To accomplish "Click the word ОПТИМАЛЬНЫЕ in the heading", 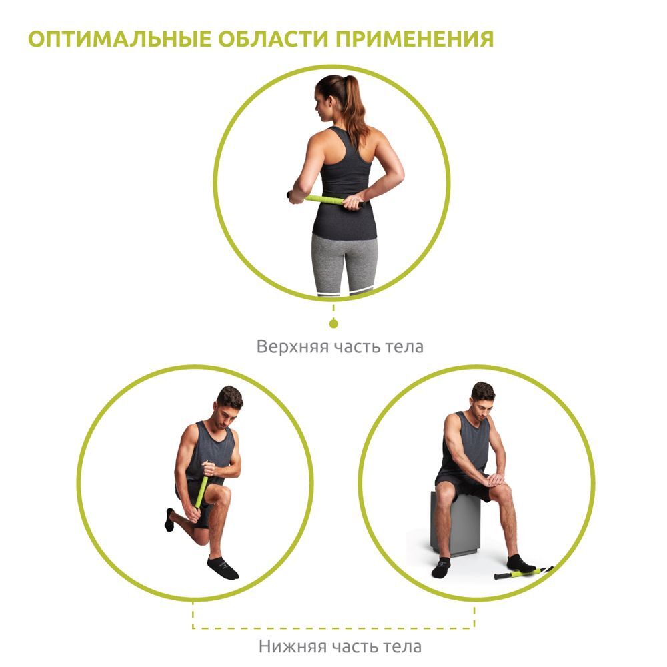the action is [x=119, y=39].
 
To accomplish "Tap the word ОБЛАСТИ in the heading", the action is [x=273, y=39].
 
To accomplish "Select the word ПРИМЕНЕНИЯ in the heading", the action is [x=415, y=39].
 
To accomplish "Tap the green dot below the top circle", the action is [x=333, y=324].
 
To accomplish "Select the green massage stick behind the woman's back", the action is [x=325, y=199].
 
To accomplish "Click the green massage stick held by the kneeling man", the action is [x=202, y=488].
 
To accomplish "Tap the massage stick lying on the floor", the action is [x=523, y=572].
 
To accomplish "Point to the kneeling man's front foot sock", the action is [x=223, y=568].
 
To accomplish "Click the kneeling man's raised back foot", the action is [x=169, y=520].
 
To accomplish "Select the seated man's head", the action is [x=482, y=396].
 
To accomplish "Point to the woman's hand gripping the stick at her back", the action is [x=353, y=202].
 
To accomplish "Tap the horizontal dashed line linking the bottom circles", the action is [x=333, y=628].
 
